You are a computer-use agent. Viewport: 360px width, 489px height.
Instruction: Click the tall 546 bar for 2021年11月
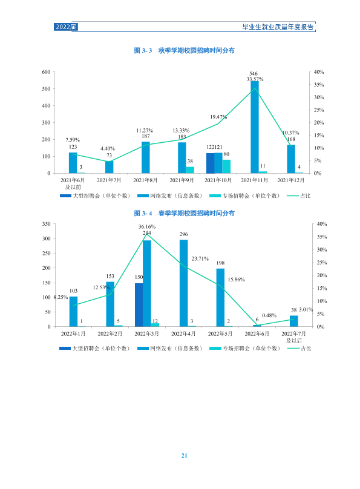click(x=255, y=127)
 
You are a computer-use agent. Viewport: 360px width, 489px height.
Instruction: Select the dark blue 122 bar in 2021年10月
click(x=210, y=163)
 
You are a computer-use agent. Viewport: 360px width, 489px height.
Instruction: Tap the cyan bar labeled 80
click(x=226, y=166)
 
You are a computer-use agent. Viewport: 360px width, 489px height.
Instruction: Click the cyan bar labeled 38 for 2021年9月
click(x=190, y=170)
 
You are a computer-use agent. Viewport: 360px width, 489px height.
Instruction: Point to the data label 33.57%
click(x=255, y=79)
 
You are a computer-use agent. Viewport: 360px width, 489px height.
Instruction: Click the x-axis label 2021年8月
click(x=145, y=180)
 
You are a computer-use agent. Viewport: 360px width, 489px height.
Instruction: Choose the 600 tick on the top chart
click(x=46, y=72)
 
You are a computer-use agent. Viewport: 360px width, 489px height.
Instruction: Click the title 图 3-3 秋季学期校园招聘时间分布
click(x=184, y=50)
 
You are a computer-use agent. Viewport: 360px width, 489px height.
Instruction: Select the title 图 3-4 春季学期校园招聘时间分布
click(x=184, y=213)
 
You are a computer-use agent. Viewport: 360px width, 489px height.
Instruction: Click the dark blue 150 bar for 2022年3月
click(x=139, y=305)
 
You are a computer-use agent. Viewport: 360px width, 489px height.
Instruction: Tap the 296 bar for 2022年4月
click(x=183, y=283)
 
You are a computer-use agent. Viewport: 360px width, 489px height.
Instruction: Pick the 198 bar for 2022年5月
click(x=220, y=298)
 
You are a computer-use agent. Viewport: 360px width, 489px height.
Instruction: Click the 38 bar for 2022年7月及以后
click(x=294, y=321)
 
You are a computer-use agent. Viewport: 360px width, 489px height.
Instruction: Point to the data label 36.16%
click(x=147, y=227)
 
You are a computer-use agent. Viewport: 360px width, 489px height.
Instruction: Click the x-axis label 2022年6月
click(x=257, y=334)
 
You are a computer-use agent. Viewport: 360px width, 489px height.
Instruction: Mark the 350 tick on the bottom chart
click(x=47, y=224)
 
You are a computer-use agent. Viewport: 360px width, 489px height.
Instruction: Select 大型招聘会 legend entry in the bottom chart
click(x=94, y=349)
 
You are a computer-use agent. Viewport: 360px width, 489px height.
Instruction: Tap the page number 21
click(x=184, y=456)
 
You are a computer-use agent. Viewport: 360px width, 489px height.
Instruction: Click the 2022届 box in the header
click(x=65, y=27)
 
